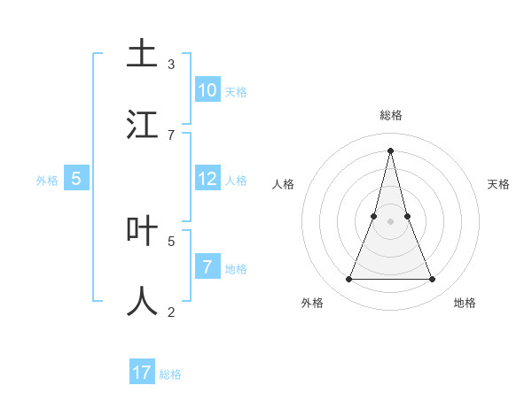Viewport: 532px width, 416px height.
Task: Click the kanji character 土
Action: (x=142, y=53)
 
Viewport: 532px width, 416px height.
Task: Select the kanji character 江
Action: (x=142, y=125)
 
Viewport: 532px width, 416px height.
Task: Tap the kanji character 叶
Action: (x=142, y=231)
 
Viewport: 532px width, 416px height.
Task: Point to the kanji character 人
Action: (x=142, y=302)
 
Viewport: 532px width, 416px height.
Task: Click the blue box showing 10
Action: (x=207, y=90)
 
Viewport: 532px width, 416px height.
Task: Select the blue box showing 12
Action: (x=207, y=179)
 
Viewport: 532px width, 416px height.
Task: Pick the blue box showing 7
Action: (x=207, y=267)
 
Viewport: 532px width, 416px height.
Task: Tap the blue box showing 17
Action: (x=142, y=373)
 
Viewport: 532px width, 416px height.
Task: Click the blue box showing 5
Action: (x=76, y=179)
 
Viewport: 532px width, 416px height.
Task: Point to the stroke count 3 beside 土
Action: (x=171, y=65)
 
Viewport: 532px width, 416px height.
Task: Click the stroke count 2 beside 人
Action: (x=171, y=312)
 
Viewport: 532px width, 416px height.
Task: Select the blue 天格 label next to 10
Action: (x=236, y=92)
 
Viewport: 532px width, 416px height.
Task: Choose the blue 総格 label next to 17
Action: (x=170, y=374)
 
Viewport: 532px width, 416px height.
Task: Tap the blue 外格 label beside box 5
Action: (x=47, y=181)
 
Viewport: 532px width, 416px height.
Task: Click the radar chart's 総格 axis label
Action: (x=391, y=115)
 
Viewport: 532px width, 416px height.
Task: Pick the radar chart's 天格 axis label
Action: (x=498, y=184)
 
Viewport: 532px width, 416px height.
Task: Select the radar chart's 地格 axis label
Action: (x=465, y=303)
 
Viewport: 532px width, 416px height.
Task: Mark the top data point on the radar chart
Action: (x=391, y=150)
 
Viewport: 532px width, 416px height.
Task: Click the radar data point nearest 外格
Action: (x=348, y=280)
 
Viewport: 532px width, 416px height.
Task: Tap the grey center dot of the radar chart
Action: (x=391, y=221)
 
